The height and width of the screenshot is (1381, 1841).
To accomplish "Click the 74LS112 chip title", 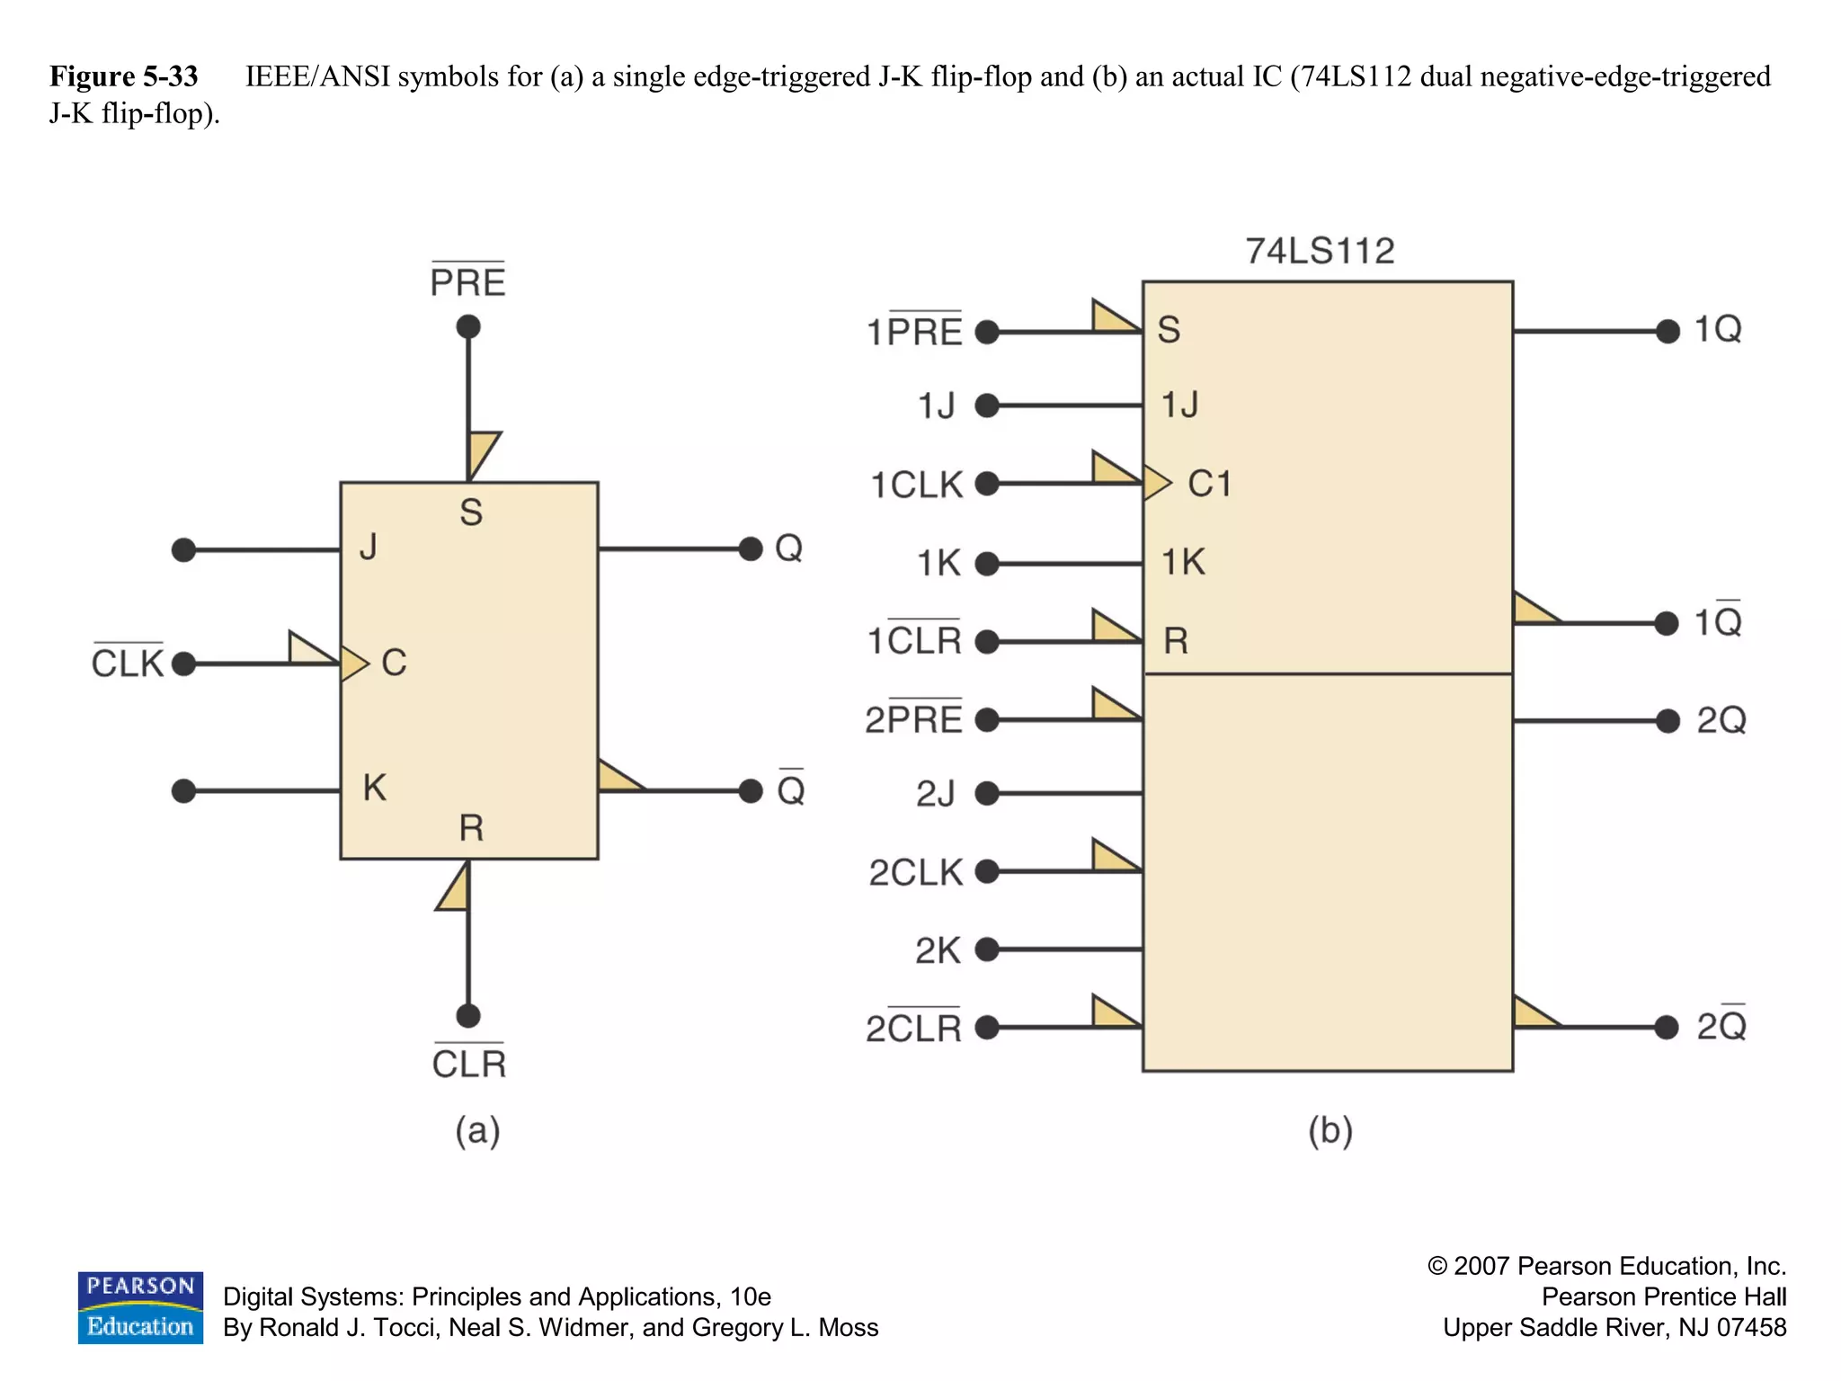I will click(1319, 251).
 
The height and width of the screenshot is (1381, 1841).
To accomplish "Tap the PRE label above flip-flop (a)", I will click(467, 282).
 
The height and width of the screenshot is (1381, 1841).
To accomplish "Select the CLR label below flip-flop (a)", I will click(468, 1064).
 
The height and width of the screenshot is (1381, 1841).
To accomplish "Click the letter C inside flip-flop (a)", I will click(394, 663).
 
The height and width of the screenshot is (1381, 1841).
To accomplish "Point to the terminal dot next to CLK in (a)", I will click(183, 664).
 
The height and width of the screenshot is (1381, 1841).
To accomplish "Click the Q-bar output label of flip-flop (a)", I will click(790, 789).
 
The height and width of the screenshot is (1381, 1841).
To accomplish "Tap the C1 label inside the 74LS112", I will click(1209, 484).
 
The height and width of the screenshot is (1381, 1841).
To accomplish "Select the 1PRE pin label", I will click(913, 332).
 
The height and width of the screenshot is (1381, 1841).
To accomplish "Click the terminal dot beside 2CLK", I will click(987, 871).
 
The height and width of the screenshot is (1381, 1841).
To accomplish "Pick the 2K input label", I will click(938, 950).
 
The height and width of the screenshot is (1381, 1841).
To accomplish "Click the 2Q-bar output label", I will click(1721, 1026).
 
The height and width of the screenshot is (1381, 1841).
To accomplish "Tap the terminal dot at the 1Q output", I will click(1668, 332).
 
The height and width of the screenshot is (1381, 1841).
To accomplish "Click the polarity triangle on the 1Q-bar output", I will click(1533, 610).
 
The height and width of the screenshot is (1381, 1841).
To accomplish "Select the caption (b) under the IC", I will click(1330, 1130).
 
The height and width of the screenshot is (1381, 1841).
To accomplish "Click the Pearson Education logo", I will click(140, 1307).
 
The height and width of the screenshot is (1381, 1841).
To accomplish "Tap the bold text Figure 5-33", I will click(123, 76).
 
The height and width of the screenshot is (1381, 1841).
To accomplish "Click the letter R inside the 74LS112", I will click(1175, 641).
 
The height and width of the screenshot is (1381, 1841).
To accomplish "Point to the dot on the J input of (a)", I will click(183, 549).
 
